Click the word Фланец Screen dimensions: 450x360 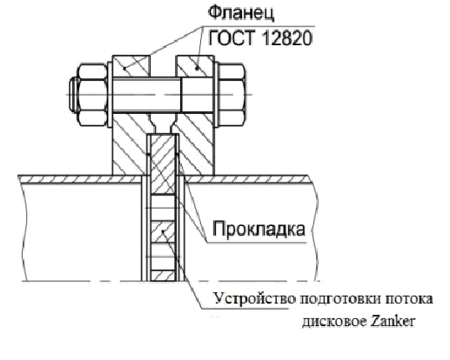point(241,13)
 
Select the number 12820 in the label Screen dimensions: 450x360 point(286,38)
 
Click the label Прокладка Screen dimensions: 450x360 point(259,229)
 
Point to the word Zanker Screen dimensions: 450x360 point(392,321)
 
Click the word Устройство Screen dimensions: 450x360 point(254,298)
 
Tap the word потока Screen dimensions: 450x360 point(409,299)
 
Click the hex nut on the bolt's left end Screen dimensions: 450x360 point(92,95)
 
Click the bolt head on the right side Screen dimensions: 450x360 point(232,95)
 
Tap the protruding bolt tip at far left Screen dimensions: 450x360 point(73,95)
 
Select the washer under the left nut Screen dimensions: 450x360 point(110,95)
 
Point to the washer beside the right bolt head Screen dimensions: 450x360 point(216,95)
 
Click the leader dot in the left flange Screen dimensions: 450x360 point(124,69)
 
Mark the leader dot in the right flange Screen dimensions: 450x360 point(198,69)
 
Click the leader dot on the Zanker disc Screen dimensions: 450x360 point(163,231)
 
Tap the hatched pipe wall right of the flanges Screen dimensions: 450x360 point(246,179)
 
